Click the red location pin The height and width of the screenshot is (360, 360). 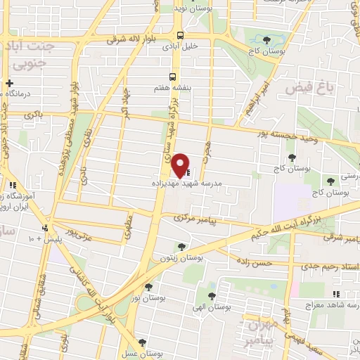click(x=181, y=165)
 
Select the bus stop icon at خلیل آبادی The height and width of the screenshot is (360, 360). click(x=181, y=34)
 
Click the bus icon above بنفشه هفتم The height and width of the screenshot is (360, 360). click(x=172, y=77)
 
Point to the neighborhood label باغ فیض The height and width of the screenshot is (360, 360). click(x=307, y=87)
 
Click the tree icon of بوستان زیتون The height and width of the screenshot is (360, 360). click(x=182, y=246)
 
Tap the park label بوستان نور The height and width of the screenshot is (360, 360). click(x=148, y=299)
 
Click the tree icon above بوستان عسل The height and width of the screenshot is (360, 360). click(x=143, y=342)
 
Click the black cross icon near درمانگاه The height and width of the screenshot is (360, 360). click(x=9, y=84)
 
